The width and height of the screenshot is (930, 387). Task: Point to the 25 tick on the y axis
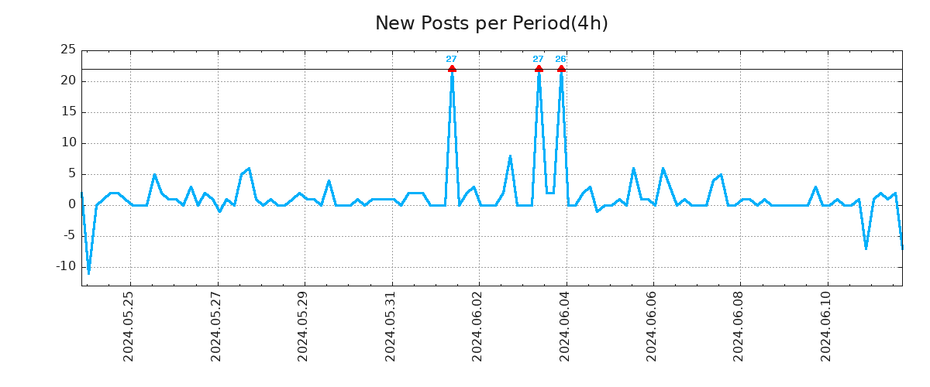[x=68, y=50]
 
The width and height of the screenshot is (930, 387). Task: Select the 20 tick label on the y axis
[x=68, y=81]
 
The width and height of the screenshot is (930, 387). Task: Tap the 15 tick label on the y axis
[x=68, y=112]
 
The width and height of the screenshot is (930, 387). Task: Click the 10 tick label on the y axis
[x=68, y=143]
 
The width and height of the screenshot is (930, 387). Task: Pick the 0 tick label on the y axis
[x=72, y=205]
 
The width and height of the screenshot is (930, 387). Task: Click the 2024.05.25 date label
[x=129, y=326]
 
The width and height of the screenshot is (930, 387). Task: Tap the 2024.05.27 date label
[x=216, y=326]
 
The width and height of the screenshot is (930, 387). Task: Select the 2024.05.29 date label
[x=303, y=326]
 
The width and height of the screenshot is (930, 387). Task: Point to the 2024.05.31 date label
[x=391, y=326]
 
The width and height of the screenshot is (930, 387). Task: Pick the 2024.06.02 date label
[x=477, y=326]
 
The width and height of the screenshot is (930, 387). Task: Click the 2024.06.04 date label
[x=565, y=326]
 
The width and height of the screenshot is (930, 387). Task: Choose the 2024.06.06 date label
[x=652, y=326]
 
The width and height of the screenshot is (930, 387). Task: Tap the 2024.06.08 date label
[x=739, y=326]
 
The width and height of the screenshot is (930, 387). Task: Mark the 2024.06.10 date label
[x=826, y=326]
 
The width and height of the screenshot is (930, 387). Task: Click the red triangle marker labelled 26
[x=561, y=69]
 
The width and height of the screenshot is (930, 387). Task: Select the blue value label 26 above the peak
[x=560, y=60]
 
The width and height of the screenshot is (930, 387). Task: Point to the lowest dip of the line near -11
[x=88, y=273]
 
